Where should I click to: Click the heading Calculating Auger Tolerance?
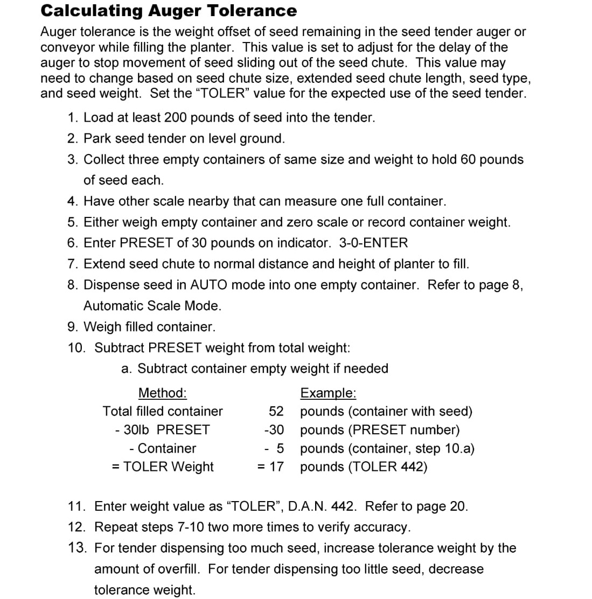(x=169, y=11)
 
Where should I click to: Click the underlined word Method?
(x=162, y=393)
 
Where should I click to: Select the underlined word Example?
(x=328, y=393)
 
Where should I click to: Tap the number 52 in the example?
(x=276, y=412)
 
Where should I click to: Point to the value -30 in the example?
(x=274, y=430)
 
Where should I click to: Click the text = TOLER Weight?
(x=163, y=467)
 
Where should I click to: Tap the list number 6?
(x=73, y=243)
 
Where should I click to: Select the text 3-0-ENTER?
(x=373, y=243)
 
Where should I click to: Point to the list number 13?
(x=77, y=548)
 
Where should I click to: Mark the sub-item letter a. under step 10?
(x=127, y=369)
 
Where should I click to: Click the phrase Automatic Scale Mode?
(x=152, y=306)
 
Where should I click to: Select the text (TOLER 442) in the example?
(x=388, y=467)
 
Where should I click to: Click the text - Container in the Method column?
(x=163, y=448)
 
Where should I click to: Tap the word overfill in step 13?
(x=179, y=569)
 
